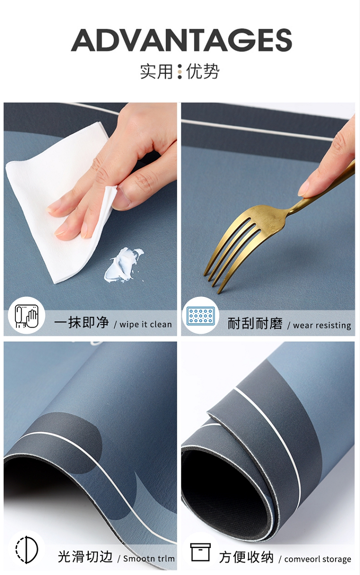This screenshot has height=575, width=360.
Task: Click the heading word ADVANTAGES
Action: tap(181, 40)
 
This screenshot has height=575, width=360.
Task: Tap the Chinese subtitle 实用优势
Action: tap(180, 71)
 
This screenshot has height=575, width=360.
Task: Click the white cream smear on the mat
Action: tap(123, 265)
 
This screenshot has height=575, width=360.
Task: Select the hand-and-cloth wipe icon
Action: tap(26, 316)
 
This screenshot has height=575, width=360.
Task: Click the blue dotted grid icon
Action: tap(201, 316)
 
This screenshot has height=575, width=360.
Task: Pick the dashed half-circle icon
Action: tap(27, 550)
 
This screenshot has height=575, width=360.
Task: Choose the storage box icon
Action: tap(200, 552)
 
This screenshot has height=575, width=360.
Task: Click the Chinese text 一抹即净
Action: tap(82, 323)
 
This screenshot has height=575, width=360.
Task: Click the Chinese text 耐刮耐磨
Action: tap(255, 324)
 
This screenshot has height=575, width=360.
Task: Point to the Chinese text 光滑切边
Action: tap(85, 557)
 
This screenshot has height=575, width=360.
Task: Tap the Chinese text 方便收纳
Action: tap(246, 557)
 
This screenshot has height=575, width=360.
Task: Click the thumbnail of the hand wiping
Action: tap(90, 220)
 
